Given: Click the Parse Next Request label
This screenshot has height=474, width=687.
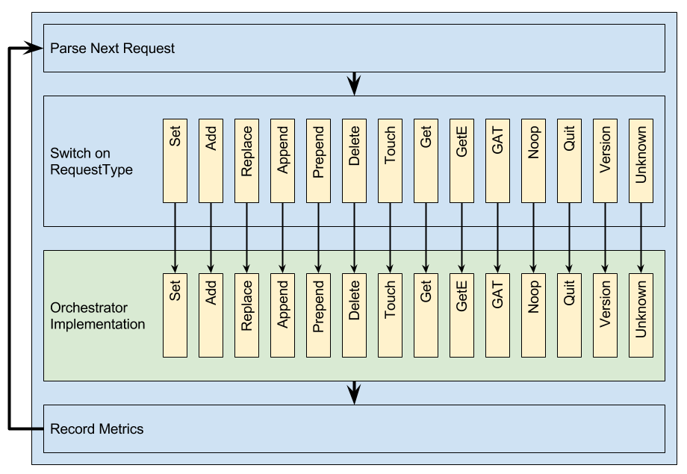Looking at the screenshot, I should [112, 49].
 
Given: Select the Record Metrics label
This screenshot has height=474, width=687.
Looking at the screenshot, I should [96, 429].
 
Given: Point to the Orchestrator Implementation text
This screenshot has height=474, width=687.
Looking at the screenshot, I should [96, 316].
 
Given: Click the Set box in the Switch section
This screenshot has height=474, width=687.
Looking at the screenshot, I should [175, 160].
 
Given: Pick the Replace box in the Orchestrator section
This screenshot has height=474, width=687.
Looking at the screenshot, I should [246, 315].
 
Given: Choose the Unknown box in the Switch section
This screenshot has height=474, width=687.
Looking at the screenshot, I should [641, 160].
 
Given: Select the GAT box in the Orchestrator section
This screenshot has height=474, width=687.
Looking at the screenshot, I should [497, 315].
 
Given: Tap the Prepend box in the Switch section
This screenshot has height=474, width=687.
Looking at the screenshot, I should [318, 160].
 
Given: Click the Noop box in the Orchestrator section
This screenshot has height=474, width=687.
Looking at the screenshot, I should [533, 315].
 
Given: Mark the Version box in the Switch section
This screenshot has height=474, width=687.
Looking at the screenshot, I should [605, 160].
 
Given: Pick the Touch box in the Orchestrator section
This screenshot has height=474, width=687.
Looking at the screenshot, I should [390, 315].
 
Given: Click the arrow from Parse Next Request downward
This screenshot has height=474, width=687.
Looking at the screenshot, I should [354, 83].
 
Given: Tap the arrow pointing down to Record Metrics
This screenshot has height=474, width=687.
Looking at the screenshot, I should [354, 393].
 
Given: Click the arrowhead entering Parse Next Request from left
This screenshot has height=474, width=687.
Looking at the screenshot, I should [38, 49].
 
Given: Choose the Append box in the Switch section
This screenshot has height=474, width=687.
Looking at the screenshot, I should [282, 160].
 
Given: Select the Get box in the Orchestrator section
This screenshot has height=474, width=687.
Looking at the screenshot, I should [426, 315].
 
